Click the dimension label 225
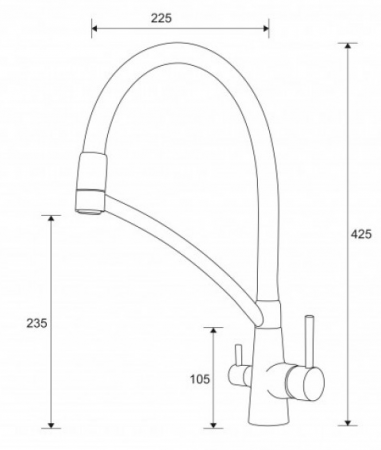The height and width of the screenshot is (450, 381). tap(161, 18)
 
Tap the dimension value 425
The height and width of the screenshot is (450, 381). tap(361, 234)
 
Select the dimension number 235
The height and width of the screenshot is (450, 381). tap(37, 323)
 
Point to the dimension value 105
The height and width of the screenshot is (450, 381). tap(200, 379)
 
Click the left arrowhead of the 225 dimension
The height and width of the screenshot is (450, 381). tap(94, 28)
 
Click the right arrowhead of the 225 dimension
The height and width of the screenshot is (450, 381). tap(266, 28)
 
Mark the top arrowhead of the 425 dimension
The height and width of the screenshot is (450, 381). tap(348, 46)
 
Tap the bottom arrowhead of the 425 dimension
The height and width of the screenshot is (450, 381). tap(348, 422)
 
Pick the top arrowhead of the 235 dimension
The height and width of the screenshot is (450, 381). tap(51, 218)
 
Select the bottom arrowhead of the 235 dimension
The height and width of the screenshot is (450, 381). tap(51, 425)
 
